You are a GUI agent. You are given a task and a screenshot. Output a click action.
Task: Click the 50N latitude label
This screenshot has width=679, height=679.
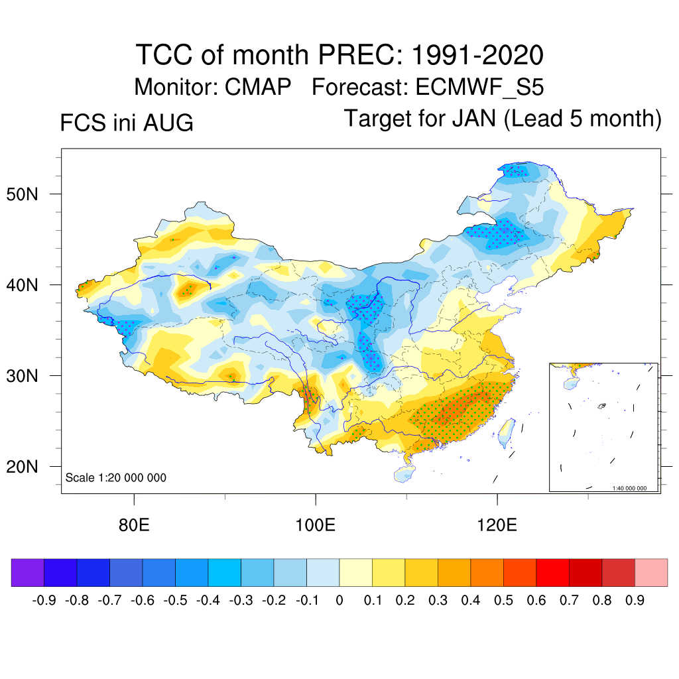click(22, 194)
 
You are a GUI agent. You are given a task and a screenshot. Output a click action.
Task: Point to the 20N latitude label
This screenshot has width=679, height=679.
click(22, 467)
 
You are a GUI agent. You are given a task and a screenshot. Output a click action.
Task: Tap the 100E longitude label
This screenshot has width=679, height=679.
click(315, 525)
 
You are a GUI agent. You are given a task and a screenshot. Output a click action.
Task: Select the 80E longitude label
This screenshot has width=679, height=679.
click(134, 525)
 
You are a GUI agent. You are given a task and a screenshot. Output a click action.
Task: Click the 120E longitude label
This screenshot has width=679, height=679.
click(497, 525)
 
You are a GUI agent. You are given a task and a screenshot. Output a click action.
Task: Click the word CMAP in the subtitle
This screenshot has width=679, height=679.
click(258, 87)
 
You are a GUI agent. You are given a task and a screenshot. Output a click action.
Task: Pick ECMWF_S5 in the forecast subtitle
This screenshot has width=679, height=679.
click(479, 88)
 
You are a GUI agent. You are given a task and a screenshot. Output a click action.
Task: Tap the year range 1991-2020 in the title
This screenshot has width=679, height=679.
click(477, 55)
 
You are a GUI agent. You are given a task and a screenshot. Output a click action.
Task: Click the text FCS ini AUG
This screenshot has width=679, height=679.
click(127, 123)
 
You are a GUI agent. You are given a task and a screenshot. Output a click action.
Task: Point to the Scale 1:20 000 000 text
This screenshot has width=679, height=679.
click(115, 477)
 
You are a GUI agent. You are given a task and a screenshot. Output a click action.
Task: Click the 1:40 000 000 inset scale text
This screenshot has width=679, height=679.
click(629, 488)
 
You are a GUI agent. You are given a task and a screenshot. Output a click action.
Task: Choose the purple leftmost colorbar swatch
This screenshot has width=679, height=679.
click(28, 572)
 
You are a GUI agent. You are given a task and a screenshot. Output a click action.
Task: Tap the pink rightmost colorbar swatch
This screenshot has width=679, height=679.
click(651, 572)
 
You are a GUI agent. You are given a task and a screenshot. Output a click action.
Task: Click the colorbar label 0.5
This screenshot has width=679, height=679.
click(503, 600)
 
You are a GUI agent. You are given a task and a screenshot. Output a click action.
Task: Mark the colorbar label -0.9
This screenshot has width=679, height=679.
click(44, 600)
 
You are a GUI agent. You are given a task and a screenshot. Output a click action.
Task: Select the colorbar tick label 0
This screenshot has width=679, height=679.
click(339, 600)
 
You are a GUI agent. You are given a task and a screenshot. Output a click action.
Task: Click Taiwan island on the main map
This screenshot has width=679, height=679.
click(506, 433)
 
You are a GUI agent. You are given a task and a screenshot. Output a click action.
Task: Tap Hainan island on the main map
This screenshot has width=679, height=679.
click(404, 474)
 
